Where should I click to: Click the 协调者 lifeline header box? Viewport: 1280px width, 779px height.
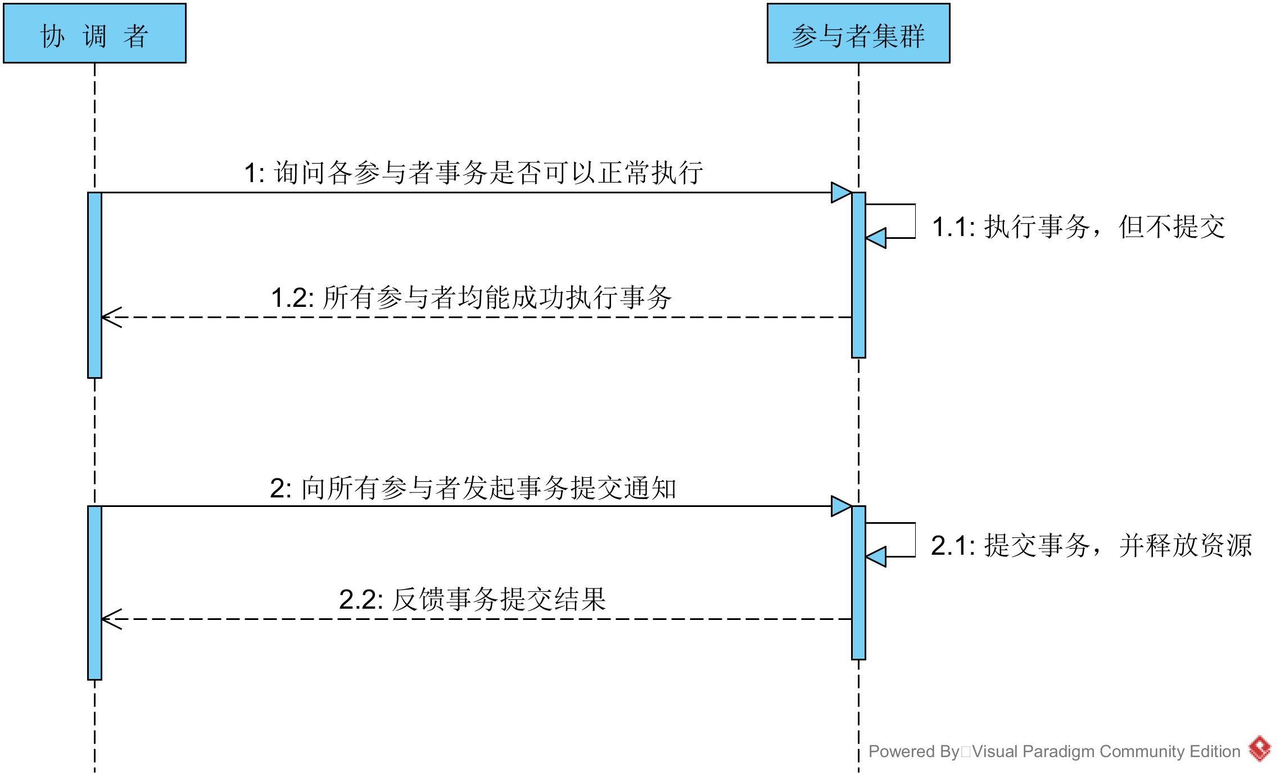[94, 34]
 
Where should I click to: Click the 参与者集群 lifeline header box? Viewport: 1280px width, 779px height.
[858, 34]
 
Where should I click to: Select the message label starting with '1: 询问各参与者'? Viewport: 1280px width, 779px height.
[473, 173]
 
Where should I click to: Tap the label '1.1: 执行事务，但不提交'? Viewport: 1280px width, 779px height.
[1078, 227]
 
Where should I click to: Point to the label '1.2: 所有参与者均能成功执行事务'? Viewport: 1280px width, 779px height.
[471, 297]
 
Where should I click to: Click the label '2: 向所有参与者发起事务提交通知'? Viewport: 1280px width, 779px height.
[473, 488]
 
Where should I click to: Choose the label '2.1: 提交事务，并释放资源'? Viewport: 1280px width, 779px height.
[1091, 545]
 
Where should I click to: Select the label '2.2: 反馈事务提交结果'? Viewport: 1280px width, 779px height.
[472, 599]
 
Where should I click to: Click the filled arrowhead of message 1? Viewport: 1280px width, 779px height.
[840, 192]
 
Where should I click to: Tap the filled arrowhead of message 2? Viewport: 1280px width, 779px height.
[840, 506]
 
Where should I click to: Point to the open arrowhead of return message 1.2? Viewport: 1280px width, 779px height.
[111, 318]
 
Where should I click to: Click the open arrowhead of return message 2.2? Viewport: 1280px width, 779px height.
[111, 619]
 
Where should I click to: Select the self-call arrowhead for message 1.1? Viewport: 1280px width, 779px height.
[876, 238]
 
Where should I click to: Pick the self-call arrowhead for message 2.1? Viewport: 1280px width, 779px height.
[876, 556]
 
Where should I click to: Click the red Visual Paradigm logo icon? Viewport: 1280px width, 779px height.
[1260, 749]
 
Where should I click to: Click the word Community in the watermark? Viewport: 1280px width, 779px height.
[1142, 751]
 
